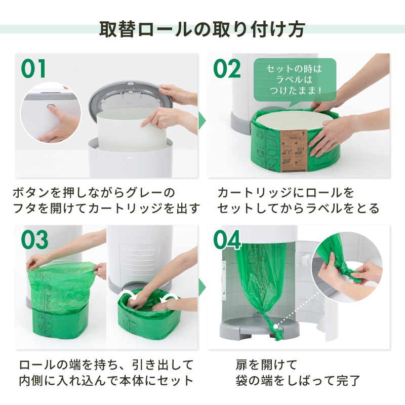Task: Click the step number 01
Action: point(33,69)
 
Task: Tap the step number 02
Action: point(227,69)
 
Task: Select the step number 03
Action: point(35,239)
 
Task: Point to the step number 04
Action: point(227,239)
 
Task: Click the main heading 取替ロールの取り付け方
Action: point(202,29)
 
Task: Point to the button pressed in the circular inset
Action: point(51,106)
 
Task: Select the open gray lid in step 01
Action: point(131,98)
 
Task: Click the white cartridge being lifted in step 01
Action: point(132,129)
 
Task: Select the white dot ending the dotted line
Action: point(276,327)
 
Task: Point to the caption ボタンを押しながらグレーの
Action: point(94,193)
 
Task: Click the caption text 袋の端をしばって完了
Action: point(298,381)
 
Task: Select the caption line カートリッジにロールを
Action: point(286,193)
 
